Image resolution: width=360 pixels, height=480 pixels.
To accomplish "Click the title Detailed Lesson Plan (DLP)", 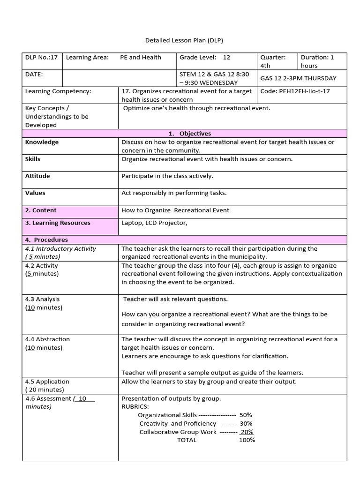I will click(181, 40).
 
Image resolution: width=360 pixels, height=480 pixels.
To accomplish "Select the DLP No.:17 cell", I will click(41, 57).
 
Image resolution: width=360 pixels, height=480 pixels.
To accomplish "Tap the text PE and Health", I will click(140, 57).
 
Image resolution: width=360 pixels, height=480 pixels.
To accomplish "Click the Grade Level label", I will click(196, 57).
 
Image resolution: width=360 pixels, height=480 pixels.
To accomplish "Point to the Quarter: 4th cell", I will click(273, 61).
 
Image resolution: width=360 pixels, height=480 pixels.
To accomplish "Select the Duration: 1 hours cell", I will click(317, 61).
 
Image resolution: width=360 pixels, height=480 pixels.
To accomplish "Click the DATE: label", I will click(34, 74).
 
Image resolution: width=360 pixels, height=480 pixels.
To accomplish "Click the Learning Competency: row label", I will click(58, 91).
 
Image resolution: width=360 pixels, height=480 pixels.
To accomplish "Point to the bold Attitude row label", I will click(37, 176).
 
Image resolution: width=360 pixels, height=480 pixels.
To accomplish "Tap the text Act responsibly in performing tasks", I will click(174, 193).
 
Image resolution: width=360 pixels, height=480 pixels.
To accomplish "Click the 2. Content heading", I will click(41, 210).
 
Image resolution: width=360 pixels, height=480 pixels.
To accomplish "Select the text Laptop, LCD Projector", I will click(154, 223).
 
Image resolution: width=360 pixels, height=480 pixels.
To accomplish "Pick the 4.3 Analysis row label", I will click(42, 299).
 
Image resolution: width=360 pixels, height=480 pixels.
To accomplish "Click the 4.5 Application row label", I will click(47, 382).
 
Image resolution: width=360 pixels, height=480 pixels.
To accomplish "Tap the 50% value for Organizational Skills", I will click(246, 415).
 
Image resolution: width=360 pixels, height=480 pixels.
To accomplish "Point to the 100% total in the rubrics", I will click(247, 440).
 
